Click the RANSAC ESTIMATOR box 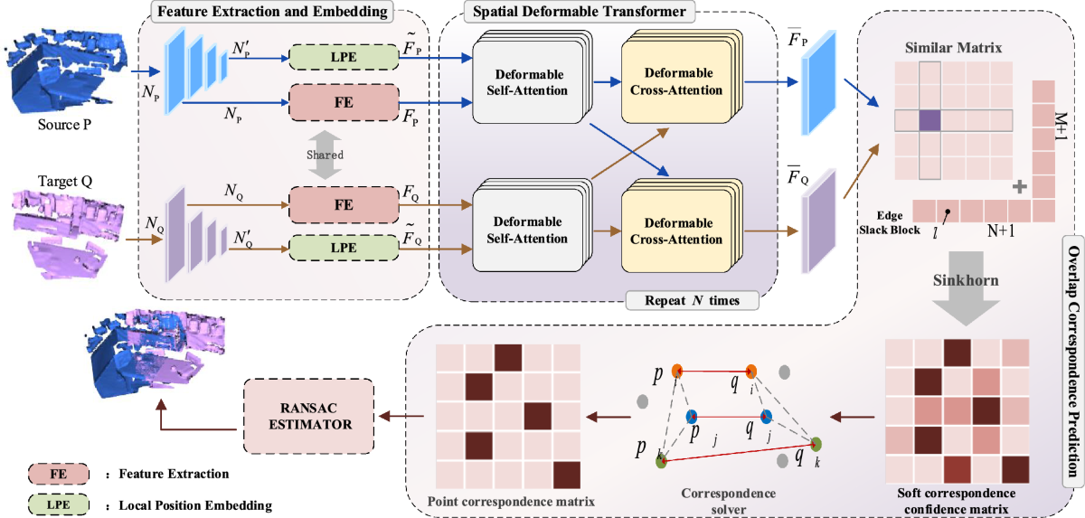click(x=310, y=417)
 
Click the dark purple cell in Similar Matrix click(x=930, y=120)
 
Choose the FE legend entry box click(x=59, y=474)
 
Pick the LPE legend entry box click(x=59, y=504)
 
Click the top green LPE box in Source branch click(x=343, y=56)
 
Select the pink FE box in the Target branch click(x=343, y=204)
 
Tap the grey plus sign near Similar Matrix click(x=1020, y=187)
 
